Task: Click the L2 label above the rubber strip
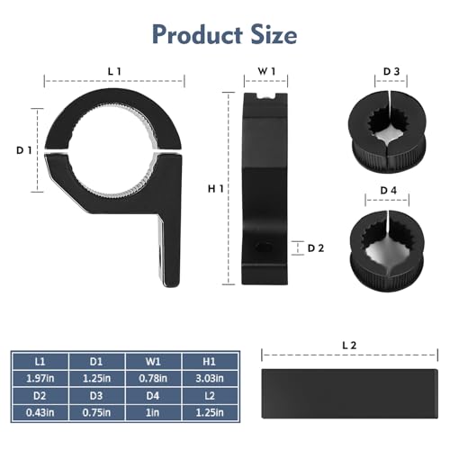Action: click(x=350, y=345)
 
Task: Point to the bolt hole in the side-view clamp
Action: click(x=265, y=247)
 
